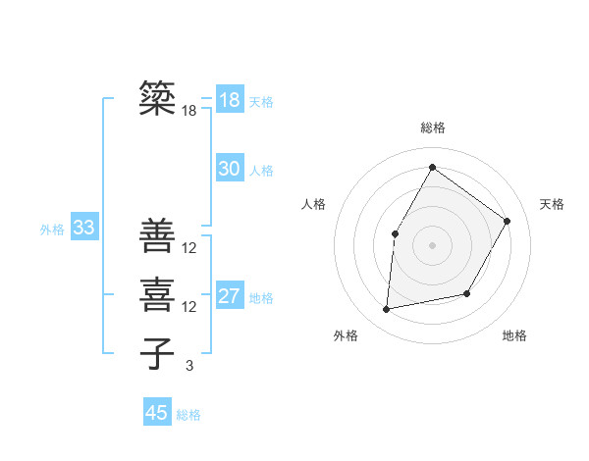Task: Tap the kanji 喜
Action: pyautogui.click(x=157, y=294)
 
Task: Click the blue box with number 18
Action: pyautogui.click(x=229, y=100)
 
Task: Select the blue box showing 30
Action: pyautogui.click(x=229, y=169)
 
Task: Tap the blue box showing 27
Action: pyautogui.click(x=229, y=296)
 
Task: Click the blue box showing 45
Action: pyautogui.click(x=157, y=413)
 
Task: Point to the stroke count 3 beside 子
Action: pyautogui.click(x=189, y=366)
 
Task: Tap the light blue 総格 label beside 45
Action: pyautogui.click(x=188, y=415)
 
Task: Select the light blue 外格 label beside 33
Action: pyautogui.click(x=52, y=230)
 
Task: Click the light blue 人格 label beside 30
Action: pyautogui.click(x=261, y=171)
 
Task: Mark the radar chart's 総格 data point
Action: pyautogui.click(x=432, y=168)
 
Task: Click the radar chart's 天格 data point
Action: pyautogui.click(x=508, y=221)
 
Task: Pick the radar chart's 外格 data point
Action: pyautogui.click(x=387, y=310)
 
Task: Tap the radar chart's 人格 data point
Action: pyautogui.click(x=396, y=233)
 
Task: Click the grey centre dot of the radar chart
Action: pyautogui.click(x=432, y=244)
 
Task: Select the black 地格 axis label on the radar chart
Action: pyautogui.click(x=514, y=335)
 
